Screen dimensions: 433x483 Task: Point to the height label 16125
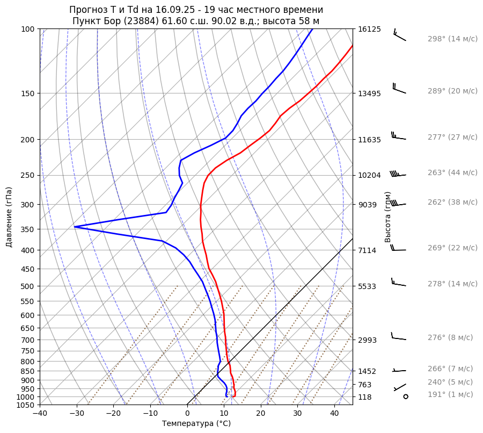pos(369,29)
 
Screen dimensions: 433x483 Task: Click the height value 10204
pos(369,175)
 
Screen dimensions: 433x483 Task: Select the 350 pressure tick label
pos(28,229)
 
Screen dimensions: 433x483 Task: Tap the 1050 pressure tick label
pos(26,405)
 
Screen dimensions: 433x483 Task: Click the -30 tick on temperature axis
pos(77,414)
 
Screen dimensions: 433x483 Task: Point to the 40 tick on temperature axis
pos(334,414)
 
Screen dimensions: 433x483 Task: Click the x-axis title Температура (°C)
pos(196,423)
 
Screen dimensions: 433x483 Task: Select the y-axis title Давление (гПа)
pos(9,217)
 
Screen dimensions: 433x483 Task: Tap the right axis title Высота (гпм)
pos(388,217)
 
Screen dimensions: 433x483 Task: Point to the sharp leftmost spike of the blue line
pos(75,227)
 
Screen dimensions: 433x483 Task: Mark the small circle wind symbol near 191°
pos(406,396)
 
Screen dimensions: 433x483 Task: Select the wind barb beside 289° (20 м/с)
pos(399,90)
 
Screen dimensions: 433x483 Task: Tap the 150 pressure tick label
pos(28,93)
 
